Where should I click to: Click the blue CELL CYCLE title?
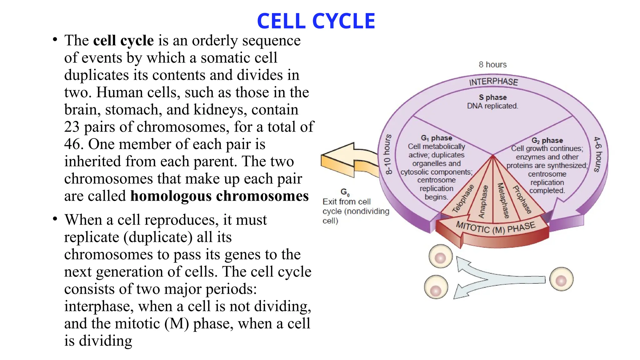pos(316,21)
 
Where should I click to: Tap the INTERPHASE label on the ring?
pos(493,82)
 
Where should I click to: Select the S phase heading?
pos(493,97)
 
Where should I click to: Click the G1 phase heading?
pos(437,138)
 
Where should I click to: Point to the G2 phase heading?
pos(547,140)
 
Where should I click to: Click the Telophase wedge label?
pos(463,199)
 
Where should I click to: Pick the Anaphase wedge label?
pos(483,202)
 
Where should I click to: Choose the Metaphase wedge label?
pos(503,200)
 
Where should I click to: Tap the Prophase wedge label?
pos(522,199)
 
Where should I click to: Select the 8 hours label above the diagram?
pos(492,65)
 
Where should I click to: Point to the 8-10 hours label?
pos(388,154)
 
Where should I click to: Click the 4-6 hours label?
pos(597,154)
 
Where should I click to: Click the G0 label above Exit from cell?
pos(345,192)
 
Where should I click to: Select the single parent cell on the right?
pos(561,279)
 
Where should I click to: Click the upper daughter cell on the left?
pos(440,257)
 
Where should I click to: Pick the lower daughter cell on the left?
pos(436,287)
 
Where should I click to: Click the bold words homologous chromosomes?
pos(219,196)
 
